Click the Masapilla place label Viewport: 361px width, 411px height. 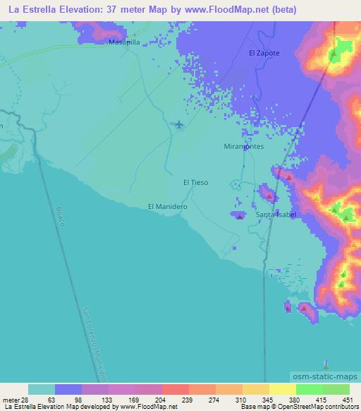point(123,42)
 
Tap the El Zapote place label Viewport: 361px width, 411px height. point(264,53)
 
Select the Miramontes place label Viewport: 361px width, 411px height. point(243,146)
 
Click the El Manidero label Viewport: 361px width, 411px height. point(166,206)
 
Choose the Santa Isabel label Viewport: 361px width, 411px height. point(275,214)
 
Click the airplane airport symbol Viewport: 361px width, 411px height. point(179,125)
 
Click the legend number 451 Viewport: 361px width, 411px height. point(348,399)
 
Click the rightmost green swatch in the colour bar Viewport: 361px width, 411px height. point(336,389)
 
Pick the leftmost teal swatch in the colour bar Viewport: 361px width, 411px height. point(42,389)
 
